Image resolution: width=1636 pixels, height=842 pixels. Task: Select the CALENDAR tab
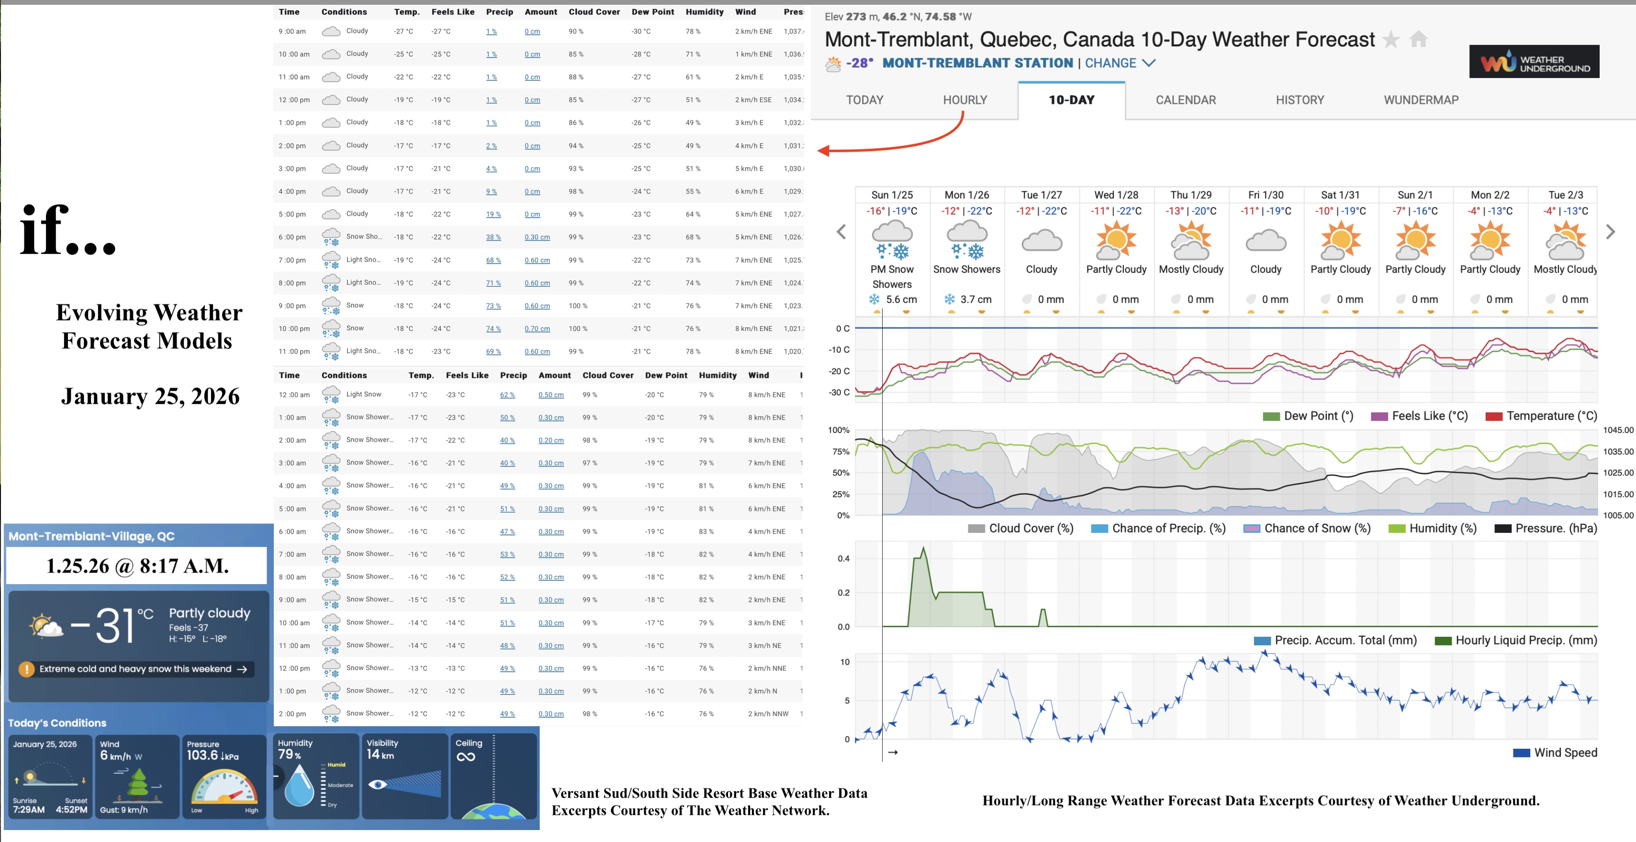pyautogui.click(x=1185, y=100)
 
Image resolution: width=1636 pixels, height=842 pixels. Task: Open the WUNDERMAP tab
pyautogui.click(x=1421, y=100)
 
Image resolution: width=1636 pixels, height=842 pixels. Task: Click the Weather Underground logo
pyautogui.click(x=1533, y=62)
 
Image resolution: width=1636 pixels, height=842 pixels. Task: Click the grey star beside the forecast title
pyautogui.click(x=1390, y=40)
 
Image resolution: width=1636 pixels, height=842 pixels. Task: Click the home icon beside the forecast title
pyautogui.click(x=1418, y=40)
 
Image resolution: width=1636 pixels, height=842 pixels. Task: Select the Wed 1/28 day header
pyautogui.click(x=1116, y=195)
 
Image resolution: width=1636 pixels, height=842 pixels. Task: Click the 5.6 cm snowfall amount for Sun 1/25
pyautogui.click(x=900, y=299)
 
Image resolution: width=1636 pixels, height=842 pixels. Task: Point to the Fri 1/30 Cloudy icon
pyautogui.click(x=1265, y=242)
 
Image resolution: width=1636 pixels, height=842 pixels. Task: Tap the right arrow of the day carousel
pyautogui.click(x=1610, y=232)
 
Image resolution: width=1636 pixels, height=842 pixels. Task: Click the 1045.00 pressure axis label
pyautogui.click(x=1618, y=431)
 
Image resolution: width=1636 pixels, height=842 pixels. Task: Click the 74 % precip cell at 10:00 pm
pyautogui.click(x=493, y=329)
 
